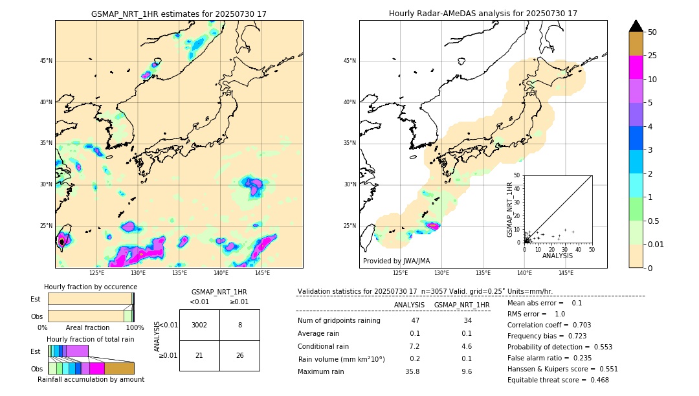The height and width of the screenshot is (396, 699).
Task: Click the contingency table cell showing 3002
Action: click(199, 325)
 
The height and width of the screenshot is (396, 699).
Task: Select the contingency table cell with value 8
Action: click(239, 325)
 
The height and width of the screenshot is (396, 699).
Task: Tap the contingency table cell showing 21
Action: click(199, 356)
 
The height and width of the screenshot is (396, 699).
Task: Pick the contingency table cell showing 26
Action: click(239, 356)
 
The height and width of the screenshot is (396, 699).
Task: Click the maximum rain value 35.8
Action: click(412, 372)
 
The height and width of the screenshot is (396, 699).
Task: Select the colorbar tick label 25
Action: click(652, 56)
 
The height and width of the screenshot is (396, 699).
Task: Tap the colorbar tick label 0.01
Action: click(656, 244)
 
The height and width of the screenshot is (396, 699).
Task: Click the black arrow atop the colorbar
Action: click(636, 26)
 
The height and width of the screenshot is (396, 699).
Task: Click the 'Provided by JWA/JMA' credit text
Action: click(396, 261)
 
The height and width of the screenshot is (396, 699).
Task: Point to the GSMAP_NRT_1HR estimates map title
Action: click(179, 14)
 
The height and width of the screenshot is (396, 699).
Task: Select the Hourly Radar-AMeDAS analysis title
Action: click(483, 14)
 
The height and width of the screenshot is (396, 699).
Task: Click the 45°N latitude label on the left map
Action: click(46, 61)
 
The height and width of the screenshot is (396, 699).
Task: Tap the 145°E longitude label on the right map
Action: click(566, 273)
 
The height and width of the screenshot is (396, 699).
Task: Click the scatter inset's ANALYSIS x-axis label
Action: click(557, 256)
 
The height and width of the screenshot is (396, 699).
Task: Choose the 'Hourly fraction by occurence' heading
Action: click(91, 287)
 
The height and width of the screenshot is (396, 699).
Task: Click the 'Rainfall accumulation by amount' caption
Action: click(91, 380)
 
